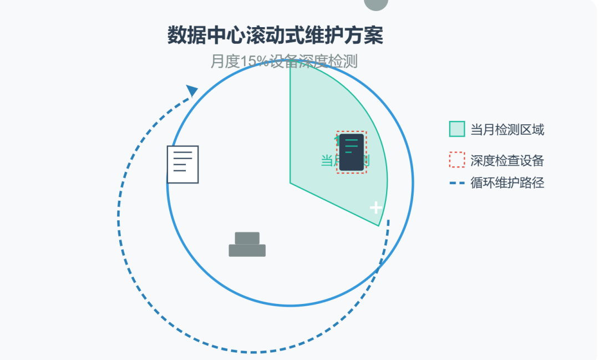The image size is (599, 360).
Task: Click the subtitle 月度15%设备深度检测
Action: [283, 62]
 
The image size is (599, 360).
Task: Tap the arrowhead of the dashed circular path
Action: [192, 90]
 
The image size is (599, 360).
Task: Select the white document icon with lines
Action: [182, 164]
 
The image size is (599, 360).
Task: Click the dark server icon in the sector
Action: [351, 152]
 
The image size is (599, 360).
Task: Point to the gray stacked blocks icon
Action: [247, 245]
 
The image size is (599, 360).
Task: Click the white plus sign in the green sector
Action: [376, 207]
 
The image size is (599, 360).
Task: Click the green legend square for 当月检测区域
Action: [456, 129]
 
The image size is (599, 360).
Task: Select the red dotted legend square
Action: [456, 160]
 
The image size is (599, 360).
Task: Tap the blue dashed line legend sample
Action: [456, 182]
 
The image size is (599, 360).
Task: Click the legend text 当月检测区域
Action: [507, 130]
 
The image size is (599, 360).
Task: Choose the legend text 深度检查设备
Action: [507, 161]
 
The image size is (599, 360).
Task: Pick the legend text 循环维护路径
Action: [507, 182]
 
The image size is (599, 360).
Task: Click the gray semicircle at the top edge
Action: [376, 4]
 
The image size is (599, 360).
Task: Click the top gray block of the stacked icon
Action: [247, 238]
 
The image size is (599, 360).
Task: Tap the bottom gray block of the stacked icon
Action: [247, 251]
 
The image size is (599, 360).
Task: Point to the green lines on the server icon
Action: [351, 146]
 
